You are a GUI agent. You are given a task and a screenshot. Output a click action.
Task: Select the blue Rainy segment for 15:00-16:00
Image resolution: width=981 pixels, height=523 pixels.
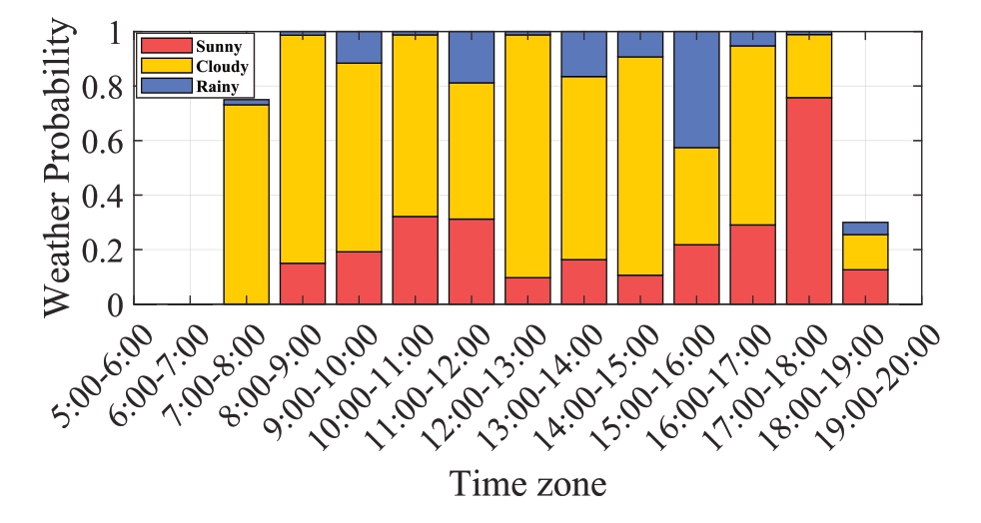tap(696, 90)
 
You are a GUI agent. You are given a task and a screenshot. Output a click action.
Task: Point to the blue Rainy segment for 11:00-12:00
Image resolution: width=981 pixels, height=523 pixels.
tap(471, 57)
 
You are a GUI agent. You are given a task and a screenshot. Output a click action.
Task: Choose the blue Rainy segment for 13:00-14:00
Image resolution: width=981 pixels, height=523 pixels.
tap(583, 54)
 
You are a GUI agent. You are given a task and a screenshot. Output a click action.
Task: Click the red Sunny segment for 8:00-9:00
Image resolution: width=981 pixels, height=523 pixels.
tap(302, 283)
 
